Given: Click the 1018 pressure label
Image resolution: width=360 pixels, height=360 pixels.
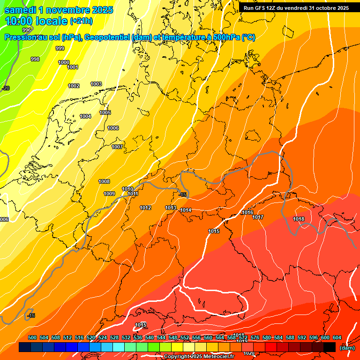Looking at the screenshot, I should coord(299,219).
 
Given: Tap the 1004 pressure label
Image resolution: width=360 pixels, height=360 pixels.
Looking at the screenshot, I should coord(85,116).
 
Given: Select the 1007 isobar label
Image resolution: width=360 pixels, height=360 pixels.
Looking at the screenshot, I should coord(117,147).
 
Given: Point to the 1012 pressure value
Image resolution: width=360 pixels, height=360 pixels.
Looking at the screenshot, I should coord(145,208).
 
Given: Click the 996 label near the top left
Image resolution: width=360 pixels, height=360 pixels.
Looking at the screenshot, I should coord(27,30).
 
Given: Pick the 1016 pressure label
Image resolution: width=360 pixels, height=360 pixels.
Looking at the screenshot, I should coord(247,212).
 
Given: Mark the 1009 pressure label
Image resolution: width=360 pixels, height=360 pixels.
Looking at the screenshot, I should coord(109,194).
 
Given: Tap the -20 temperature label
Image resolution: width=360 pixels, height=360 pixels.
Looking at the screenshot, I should coord(6,88).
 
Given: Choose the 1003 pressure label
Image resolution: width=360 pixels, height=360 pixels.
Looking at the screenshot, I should coord(96,84).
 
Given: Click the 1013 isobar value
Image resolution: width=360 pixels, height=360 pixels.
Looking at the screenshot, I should coord(171,208).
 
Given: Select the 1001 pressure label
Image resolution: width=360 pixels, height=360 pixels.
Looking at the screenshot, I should coord(73,67).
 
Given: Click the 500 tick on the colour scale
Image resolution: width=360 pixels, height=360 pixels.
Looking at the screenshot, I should coord(32,337).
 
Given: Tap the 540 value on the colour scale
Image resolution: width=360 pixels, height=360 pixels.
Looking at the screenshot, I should coord(150,337).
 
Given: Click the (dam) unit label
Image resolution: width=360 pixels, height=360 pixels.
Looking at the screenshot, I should coord(347,348).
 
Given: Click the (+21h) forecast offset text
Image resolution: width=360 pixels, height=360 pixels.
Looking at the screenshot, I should coord(81,21).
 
